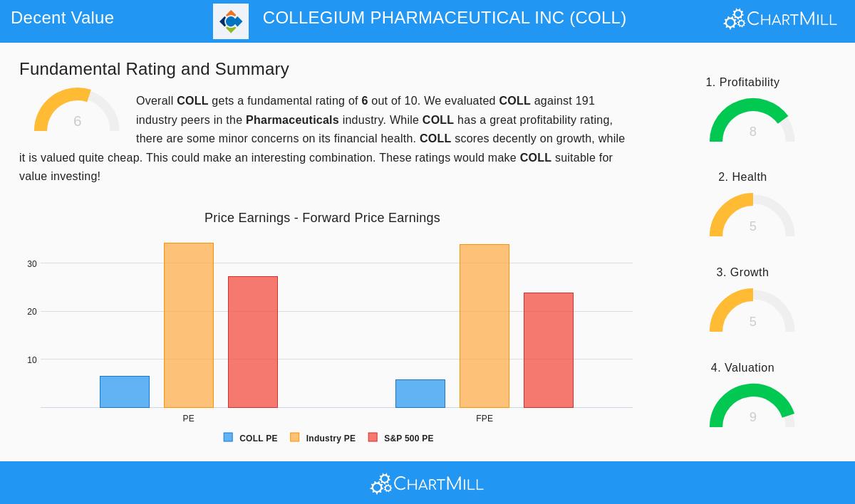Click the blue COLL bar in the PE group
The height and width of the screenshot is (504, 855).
point(125,392)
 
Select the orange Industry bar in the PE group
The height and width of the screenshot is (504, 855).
point(189,325)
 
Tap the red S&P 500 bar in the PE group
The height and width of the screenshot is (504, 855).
point(253,342)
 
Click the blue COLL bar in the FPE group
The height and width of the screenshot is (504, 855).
point(420,394)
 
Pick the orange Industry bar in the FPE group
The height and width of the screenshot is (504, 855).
point(484,326)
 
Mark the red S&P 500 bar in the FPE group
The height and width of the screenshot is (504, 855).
point(549,350)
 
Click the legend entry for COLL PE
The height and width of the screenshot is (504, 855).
point(251,439)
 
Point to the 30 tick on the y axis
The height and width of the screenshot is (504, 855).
point(32,264)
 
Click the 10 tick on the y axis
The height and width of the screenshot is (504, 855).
point(32,360)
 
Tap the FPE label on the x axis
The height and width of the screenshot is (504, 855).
point(484,419)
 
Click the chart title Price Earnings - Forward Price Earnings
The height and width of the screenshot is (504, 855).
point(322,218)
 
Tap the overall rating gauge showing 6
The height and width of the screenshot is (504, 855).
point(76,112)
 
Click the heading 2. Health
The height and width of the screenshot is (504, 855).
point(742,177)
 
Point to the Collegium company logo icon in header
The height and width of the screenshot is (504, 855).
point(231,21)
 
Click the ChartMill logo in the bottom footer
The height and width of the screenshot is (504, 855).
point(427,483)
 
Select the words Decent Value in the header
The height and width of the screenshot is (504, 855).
point(63,18)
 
